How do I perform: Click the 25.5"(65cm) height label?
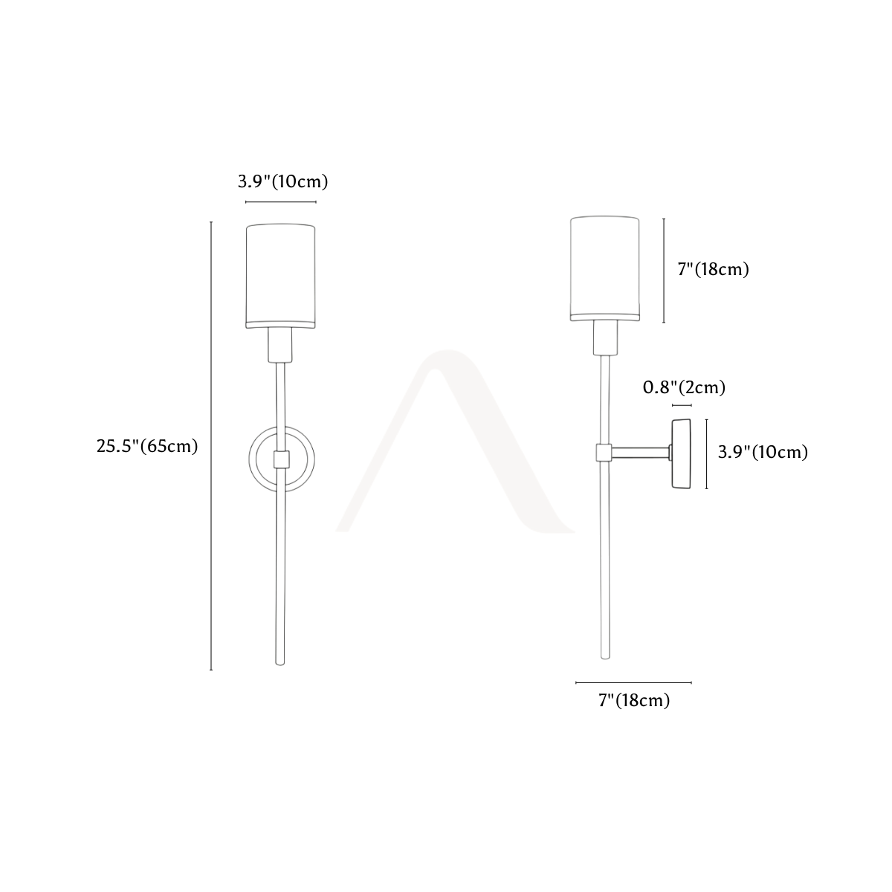(147, 446)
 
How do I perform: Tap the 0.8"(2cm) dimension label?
(684, 387)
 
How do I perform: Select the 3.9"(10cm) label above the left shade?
(282, 181)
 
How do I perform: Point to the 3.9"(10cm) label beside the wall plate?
(763, 452)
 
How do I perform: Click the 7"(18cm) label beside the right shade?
(714, 269)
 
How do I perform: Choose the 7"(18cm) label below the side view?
(634, 700)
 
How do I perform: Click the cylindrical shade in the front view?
(280, 277)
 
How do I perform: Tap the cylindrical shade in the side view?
(605, 268)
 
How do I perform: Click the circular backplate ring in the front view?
(250, 459)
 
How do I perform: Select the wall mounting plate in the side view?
(682, 453)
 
